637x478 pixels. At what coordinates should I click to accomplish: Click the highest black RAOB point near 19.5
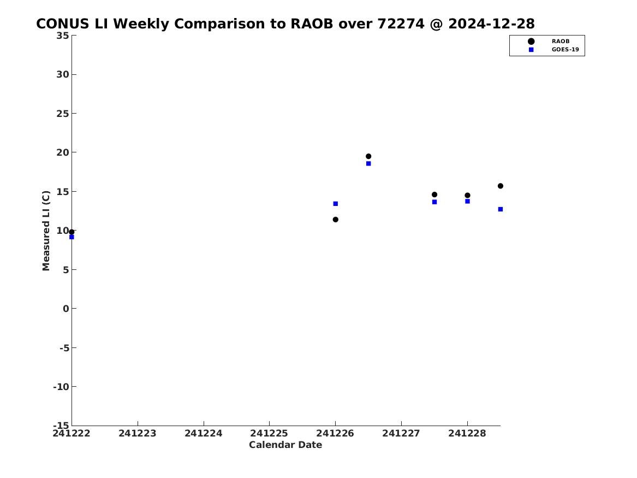click(368, 156)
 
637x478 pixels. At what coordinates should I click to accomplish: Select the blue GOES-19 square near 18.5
click(368, 164)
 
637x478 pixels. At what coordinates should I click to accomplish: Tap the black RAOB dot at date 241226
click(336, 220)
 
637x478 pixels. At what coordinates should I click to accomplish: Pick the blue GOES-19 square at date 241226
click(336, 204)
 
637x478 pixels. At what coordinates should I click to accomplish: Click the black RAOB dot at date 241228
click(468, 196)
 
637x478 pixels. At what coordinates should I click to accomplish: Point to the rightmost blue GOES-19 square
click(501, 209)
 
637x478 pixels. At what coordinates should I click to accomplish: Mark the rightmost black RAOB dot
click(501, 186)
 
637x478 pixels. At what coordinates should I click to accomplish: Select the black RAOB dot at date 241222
click(72, 232)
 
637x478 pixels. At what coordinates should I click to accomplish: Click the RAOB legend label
click(561, 42)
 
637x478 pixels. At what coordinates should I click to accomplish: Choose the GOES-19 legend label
click(565, 50)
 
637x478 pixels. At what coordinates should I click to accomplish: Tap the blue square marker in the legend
click(531, 50)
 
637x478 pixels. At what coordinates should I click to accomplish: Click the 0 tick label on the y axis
click(66, 309)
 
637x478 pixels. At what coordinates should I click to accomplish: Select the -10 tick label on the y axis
click(61, 387)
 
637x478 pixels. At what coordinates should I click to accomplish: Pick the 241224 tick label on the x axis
click(204, 434)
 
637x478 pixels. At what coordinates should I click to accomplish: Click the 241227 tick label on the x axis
click(401, 434)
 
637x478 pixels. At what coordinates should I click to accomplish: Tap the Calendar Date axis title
click(285, 445)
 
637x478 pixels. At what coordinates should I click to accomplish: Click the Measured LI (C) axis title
click(46, 231)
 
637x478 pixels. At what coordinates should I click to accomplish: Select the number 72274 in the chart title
click(401, 24)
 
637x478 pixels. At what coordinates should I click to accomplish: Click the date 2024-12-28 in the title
click(492, 24)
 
